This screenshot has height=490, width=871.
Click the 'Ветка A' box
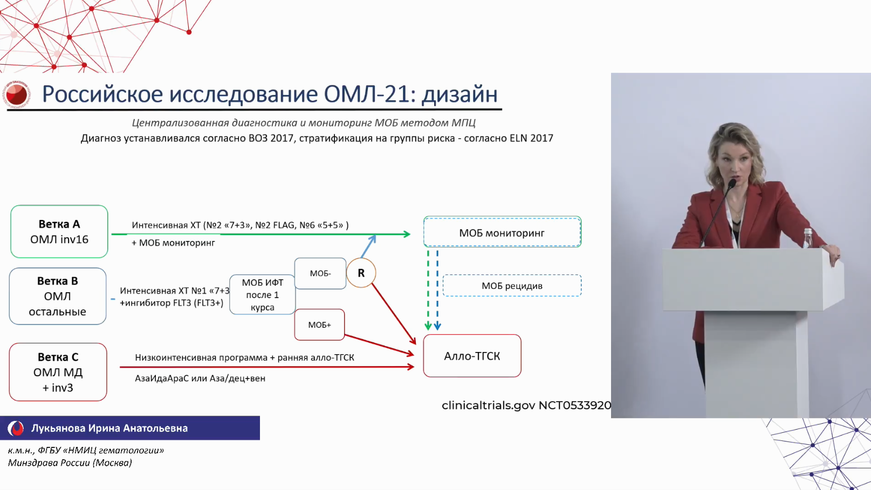coord(59,232)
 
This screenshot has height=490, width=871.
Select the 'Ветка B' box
coord(58,296)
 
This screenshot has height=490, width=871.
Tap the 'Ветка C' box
coord(58,372)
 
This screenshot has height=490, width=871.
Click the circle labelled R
coord(361,273)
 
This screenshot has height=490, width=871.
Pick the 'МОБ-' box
coord(320,273)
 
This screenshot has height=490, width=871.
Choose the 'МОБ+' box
coord(319,325)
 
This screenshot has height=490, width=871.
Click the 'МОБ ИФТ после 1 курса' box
coord(263,294)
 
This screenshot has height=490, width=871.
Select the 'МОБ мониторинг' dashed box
coord(503,232)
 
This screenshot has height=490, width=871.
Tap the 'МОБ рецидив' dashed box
coord(512,286)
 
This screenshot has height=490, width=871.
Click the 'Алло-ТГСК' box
coord(472,356)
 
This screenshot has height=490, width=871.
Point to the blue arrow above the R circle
coord(368,246)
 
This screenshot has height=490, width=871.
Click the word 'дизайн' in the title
coord(459,94)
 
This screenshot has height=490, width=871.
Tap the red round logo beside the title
coord(17,94)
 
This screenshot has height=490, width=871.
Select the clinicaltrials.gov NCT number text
coord(526,405)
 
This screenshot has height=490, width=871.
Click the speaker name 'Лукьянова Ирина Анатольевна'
coord(109,428)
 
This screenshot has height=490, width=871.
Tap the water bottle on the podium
coord(808,238)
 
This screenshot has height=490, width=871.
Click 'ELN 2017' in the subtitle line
coord(531,139)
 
